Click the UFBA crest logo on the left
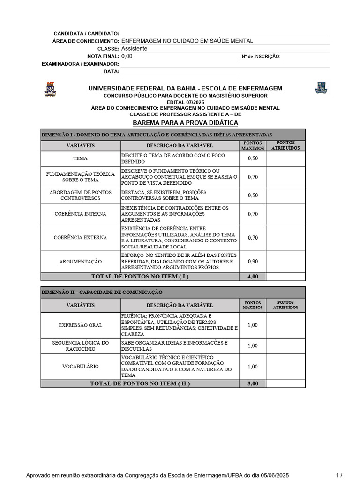click(x=50, y=89)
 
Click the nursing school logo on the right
click(x=321, y=88)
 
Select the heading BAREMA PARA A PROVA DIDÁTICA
click(x=186, y=123)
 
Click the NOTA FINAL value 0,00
click(x=127, y=56)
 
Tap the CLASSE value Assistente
click(x=135, y=49)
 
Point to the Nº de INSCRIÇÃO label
click(x=261, y=57)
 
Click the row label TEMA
click(x=80, y=159)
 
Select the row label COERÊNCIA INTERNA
click(x=80, y=214)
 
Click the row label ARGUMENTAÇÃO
click(x=80, y=261)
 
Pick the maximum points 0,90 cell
click(x=253, y=261)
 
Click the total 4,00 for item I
click(x=253, y=277)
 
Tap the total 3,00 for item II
click(x=253, y=383)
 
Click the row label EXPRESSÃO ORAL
click(x=80, y=325)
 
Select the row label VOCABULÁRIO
click(x=80, y=367)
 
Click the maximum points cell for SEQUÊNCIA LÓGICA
click(x=253, y=346)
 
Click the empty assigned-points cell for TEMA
click(x=285, y=159)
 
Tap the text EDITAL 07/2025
click(x=186, y=102)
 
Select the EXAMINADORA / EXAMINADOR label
click(x=81, y=64)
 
